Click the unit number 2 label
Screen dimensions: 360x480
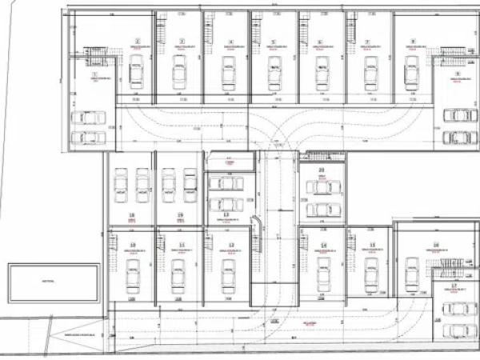[x=138, y=41]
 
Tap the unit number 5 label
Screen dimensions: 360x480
[x=274, y=42]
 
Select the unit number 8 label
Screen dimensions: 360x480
[x=413, y=42]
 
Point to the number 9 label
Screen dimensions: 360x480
[x=458, y=74]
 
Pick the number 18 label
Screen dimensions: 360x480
[x=132, y=215]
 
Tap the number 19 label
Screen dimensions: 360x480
[x=181, y=215]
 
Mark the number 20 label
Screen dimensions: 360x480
[x=322, y=170]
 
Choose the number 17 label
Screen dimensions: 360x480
[x=454, y=285]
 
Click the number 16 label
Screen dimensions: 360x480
[x=437, y=244]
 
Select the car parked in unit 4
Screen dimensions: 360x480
[x=228, y=74]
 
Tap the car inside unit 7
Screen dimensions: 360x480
[x=370, y=74]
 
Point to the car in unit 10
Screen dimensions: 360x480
[x=132, y=276]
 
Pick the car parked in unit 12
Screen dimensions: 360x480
[x=227, y=276]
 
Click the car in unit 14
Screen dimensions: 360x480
[x=323, y=276]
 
